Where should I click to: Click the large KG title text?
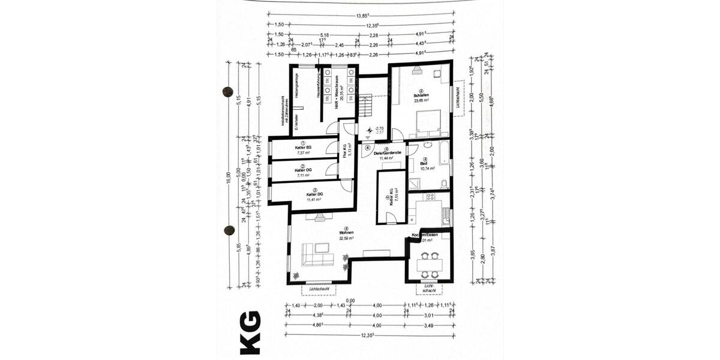[250, 332]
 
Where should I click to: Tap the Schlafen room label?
[421, 95]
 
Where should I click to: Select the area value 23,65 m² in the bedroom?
[421, 101]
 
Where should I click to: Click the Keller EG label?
[303, 148]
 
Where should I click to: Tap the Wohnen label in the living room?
[346, 232]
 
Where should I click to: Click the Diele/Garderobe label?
[388, 154]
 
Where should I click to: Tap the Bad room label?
[424, 163]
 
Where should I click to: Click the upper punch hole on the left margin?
[227, 91]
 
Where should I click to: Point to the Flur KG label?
[346, 150]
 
